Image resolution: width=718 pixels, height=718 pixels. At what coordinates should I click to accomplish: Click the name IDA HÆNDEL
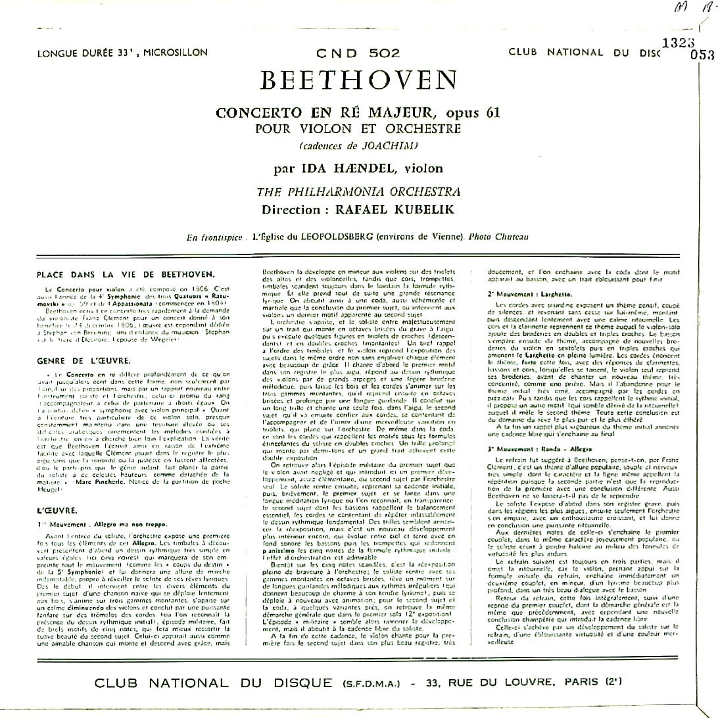(x=346, y=169)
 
